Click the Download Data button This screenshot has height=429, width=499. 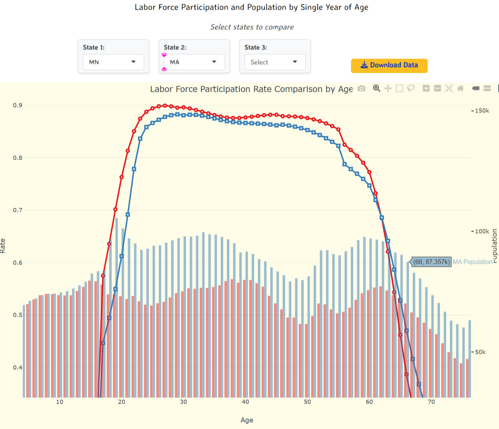coord(389,65)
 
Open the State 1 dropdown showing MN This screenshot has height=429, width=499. coord(113,62)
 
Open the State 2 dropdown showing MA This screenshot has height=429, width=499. coord(194,62)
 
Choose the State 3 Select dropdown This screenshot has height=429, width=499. coord(275,62)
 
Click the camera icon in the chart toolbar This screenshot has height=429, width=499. coord(361,89)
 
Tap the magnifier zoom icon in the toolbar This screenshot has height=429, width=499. coord(376,88)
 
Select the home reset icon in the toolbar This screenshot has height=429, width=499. coord(460,88)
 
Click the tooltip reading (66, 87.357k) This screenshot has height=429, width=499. coord(431,262)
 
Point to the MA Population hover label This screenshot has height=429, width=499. coord(472,262)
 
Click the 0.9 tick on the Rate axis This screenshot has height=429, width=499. coord(17,105)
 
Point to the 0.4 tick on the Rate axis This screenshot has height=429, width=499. coord(17,368)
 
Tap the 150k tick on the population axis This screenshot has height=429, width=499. coord(482,111)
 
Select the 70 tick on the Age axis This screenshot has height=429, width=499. coord(431,402)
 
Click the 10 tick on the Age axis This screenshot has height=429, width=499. coord(60,402)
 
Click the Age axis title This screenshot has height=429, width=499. coord(247,420)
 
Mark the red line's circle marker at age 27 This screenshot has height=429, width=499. coord(165,106)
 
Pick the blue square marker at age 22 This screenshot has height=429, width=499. coord(134,169)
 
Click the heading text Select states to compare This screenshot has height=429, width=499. coord(252,27)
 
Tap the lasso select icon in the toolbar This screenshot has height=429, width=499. coord(411,88)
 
